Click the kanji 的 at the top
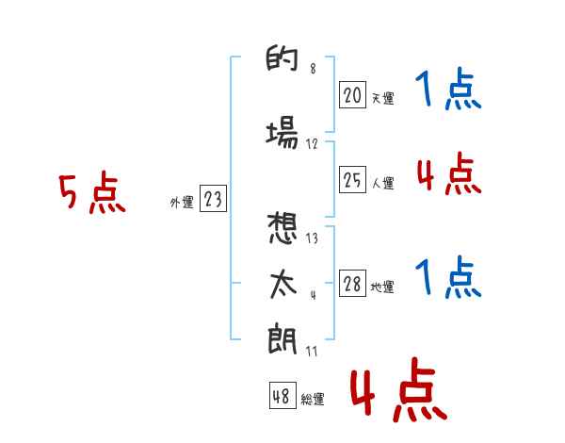282,57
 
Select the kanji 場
282,132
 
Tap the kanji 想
282,228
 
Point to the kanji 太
282,285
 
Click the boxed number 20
352,95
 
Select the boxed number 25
352,179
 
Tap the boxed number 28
352,283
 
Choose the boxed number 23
213,198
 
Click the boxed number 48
282,395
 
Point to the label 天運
382,98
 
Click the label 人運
382,183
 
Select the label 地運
382,287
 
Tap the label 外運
182,203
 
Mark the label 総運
313,400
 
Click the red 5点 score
92,192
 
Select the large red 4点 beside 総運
398,389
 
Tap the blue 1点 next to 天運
448,89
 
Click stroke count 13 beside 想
312,238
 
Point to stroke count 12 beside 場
312,144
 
